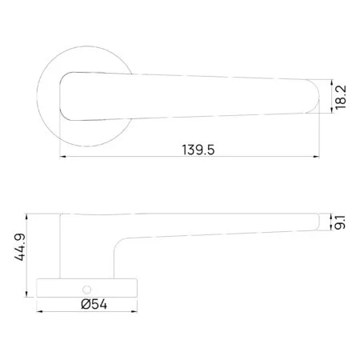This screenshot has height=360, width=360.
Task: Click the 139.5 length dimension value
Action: [x=198, y=150]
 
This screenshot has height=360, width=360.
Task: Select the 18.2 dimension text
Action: [x=341, y=97]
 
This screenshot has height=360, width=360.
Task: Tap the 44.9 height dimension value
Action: [x=20, y=247]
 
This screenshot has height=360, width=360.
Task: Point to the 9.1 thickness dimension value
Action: [x=340, y=222]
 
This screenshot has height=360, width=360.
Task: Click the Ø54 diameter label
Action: [x=94, y=304]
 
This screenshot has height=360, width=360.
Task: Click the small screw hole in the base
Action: [x=86, y=290]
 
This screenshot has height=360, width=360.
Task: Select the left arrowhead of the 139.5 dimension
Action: [x=63, y=157]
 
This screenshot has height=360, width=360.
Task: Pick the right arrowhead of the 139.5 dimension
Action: [x=316, y=157]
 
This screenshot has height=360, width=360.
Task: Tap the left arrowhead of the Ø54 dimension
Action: [x=39, y=311]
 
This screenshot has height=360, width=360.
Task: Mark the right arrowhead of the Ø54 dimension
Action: [x=134, y=311]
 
